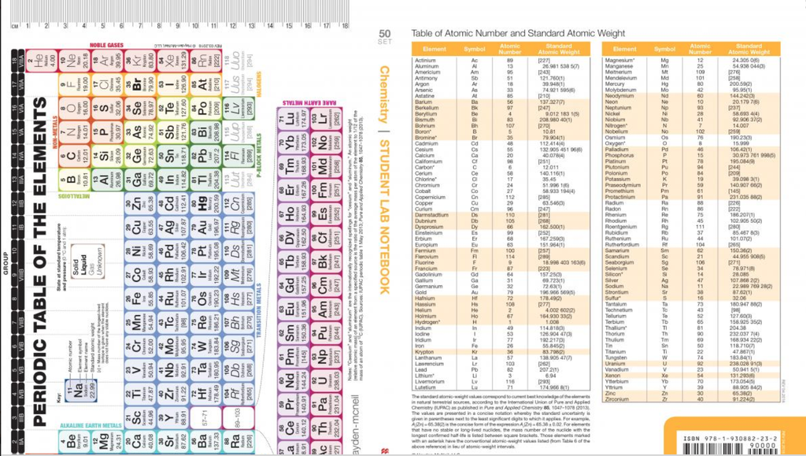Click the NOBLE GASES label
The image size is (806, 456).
(x=106, y=45)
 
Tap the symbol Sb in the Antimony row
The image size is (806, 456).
(x=475, y=78)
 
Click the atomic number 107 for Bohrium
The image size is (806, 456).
(x=509, y=125)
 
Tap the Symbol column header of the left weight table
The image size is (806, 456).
(x=475, y=50)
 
